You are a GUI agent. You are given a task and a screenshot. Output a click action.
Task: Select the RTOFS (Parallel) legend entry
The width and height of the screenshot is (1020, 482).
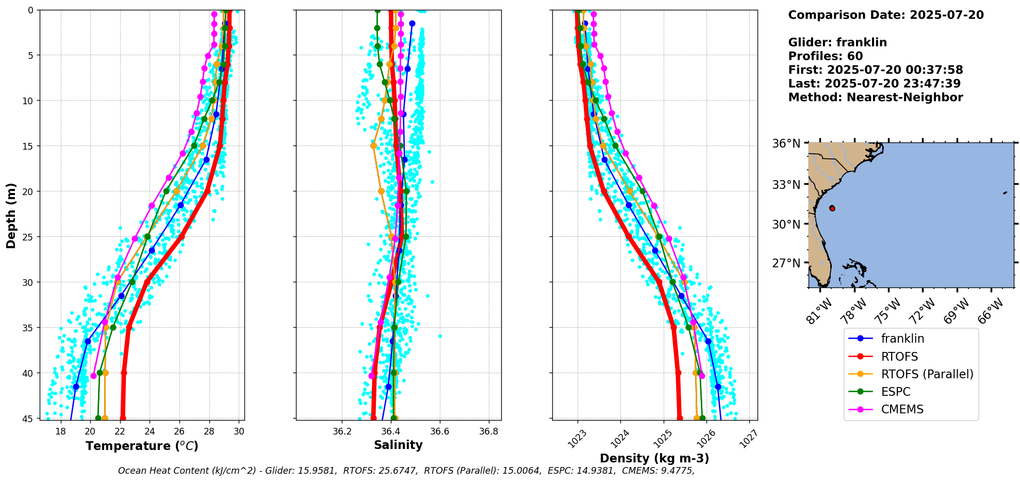point(927,374)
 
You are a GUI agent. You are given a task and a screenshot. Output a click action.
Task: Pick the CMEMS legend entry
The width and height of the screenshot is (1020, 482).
point(902,409)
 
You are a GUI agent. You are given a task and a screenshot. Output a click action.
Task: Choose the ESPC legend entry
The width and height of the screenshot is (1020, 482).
point(895,392)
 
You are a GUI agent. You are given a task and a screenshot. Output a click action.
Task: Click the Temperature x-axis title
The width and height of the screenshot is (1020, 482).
point(142,446)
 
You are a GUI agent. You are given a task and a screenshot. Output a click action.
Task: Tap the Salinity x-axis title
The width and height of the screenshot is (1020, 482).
point(398,445)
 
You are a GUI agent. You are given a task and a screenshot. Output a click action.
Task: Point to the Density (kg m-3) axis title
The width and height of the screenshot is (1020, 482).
point(654,458)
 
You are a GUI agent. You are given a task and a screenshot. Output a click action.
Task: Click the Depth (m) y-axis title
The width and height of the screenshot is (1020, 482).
point(11,215)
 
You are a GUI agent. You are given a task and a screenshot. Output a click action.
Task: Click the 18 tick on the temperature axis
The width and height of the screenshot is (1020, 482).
point(60,431)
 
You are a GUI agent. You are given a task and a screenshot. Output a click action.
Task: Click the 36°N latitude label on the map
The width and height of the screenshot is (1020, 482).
point(786,143)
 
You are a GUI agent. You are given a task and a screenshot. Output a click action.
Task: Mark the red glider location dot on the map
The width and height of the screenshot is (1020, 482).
point(832,208)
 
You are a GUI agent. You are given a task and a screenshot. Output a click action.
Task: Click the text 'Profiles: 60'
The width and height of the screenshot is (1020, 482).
point(825,56)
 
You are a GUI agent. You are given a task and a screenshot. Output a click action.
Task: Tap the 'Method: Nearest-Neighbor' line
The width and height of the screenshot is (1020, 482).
point(875,97)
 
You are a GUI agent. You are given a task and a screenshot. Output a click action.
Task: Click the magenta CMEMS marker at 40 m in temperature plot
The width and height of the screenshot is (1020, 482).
point(93,376)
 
